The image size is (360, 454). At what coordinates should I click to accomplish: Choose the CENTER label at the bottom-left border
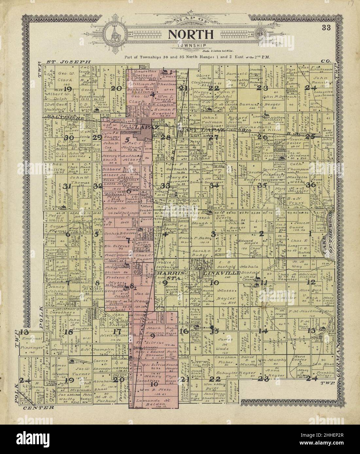39,408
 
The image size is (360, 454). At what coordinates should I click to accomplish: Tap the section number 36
310,185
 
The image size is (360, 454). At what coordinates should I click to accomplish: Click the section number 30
69,138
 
